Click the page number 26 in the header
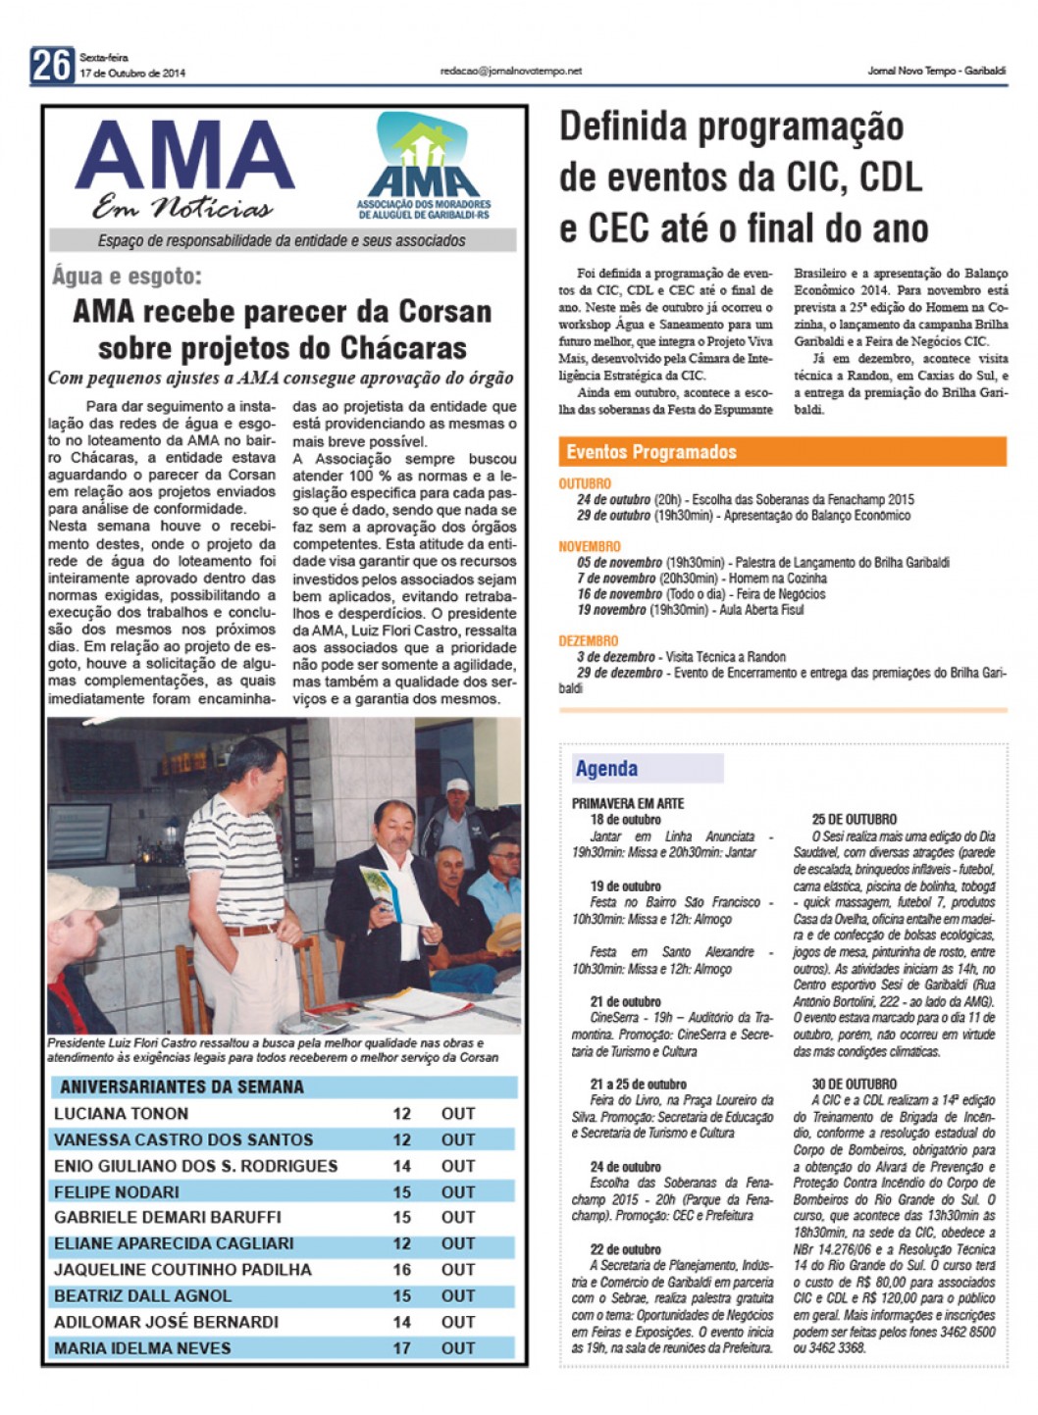tap(52, 65)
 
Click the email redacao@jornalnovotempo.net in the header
tap(511, 71)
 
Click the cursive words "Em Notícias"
tap(182, 208)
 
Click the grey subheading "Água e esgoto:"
tap(127, 277)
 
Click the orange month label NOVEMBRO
tap(590, 546)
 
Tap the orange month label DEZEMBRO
tap(589, 640)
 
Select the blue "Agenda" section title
tap(606, 769)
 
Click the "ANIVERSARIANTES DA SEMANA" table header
tap(182, 1087)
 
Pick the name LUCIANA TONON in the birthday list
tap(121, 1114)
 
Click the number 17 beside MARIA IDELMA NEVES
tap(401, 1348)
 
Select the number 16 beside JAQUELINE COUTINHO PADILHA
tap(401, 1270)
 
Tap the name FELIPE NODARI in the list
tap(117, 1192)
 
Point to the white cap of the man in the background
tap(457, 784)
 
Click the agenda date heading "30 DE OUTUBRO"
tap(854, 1084)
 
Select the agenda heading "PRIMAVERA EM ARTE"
tap(628, 803)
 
